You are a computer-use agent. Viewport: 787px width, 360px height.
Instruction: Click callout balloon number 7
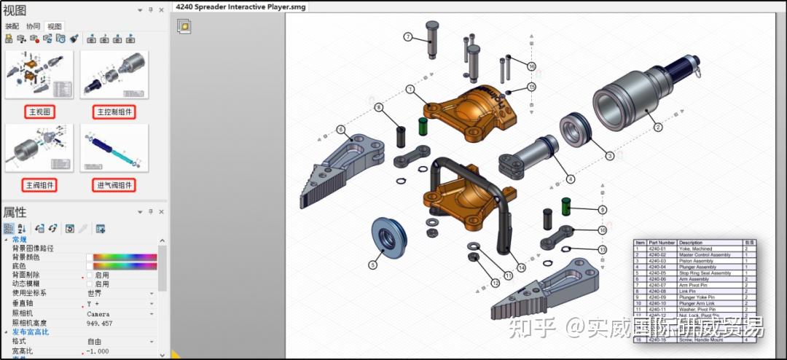(408, 36)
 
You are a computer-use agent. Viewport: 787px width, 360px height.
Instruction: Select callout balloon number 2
(657, 128)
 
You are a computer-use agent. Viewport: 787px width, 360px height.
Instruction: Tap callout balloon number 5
(373, 265)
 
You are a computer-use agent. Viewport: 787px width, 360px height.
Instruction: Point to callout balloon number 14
(521, 267)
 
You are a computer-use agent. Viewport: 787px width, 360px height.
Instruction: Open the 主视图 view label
(39, 112)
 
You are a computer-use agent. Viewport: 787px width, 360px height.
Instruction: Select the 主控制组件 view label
(114, 112)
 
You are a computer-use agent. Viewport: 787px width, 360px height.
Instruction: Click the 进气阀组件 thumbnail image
(114, 149)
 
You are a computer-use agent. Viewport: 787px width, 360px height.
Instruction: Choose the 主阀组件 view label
(39, 185)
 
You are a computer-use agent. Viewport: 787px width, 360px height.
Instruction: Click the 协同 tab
(33, 26)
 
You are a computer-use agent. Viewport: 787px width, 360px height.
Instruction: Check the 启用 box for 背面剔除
(90, 275)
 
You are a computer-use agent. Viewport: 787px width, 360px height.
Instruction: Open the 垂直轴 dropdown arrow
(152, 303)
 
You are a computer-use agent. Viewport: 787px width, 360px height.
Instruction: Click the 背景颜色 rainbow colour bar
(125, 257)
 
